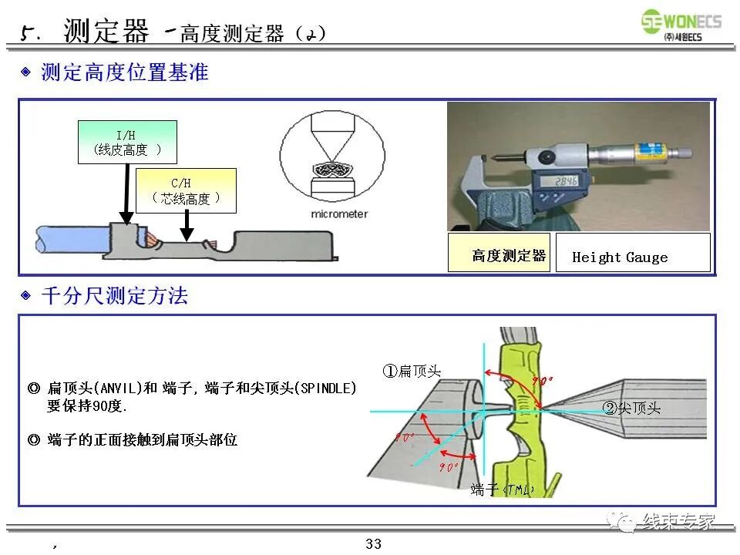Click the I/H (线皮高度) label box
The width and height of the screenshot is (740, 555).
[127, 142]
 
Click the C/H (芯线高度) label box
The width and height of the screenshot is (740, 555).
[185, 190]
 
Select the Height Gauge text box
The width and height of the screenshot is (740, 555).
[632, 257]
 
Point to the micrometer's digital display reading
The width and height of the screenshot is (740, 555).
[566, 182]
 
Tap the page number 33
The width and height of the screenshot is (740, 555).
[373, 544]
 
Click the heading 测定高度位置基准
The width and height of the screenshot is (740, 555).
[124, 73]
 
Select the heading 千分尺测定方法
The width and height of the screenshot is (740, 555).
[114, 296]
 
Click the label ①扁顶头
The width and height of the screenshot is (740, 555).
[412, 371]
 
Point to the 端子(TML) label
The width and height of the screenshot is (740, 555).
[502, 489]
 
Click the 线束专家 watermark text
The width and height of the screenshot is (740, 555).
[678, 522]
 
